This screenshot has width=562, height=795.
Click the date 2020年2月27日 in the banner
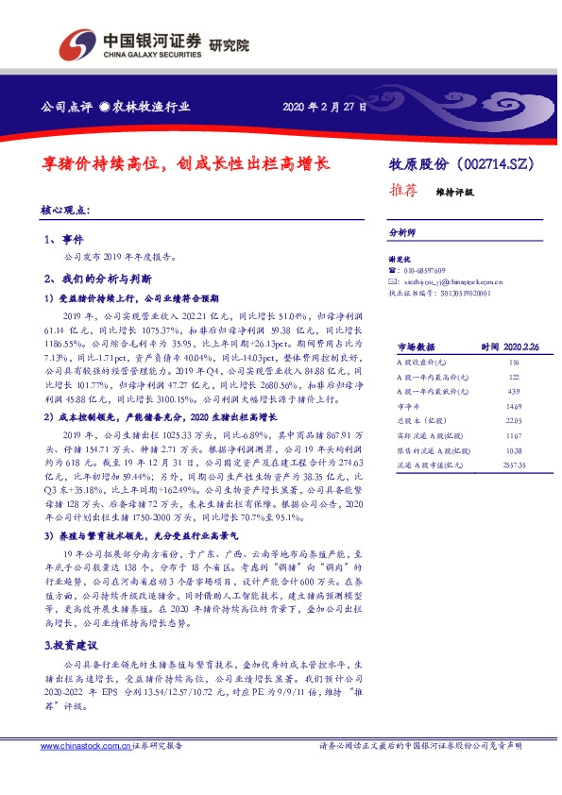[x=323, y=107]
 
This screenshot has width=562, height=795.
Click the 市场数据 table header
[x=416, y=347]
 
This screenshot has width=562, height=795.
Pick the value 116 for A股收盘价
[x=514, y=363]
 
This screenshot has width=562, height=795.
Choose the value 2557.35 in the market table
[x=514, y=465]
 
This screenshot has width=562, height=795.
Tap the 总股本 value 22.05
[x=514, y=421]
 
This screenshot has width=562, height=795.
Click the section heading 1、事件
[x=64, y=240]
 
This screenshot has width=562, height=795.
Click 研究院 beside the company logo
[x=228, y=43]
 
